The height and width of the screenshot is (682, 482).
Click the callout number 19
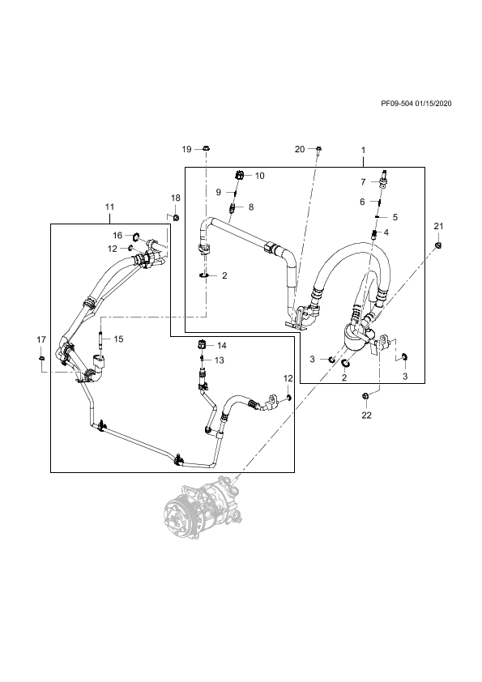point(186,150)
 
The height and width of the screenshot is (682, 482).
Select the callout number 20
point(300,150)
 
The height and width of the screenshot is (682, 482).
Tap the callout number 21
point(438,226)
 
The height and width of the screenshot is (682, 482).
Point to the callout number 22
point(367,416)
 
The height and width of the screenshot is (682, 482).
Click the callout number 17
point(41,339)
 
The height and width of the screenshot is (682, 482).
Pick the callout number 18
point(175,198)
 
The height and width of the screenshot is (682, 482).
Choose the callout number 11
point(109,207)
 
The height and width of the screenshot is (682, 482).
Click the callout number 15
point(119,339)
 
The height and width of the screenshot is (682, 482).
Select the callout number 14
point(222,346)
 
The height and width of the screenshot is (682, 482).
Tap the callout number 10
point(260,176)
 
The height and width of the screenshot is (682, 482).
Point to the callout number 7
point(363,182)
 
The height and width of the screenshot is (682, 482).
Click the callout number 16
point(118,236)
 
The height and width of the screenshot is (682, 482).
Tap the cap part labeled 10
point(239,176)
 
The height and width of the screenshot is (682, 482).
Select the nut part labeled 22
point(366,395)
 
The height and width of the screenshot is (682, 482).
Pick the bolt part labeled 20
point(318,150)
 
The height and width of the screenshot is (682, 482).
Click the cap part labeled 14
point(203,344)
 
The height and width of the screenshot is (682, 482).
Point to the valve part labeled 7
point(384,178)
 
